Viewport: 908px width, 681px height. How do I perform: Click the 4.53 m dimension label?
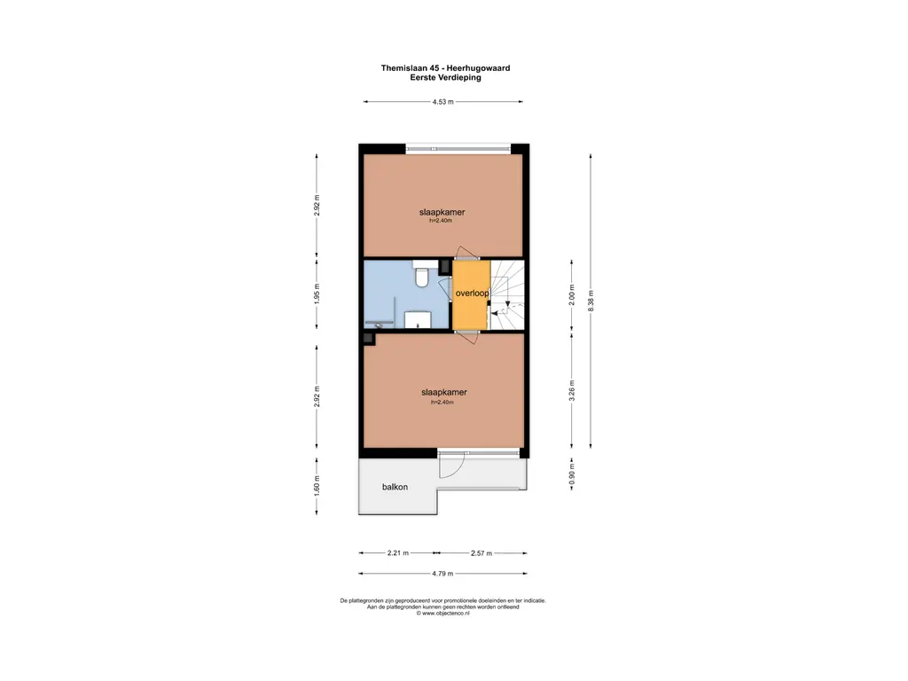click(442, 103)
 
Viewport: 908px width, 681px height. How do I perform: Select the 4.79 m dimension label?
click(442, 574)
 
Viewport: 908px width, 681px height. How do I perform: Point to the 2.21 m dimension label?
click(398, 553)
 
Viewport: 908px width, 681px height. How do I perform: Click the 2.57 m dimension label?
click(482, 553)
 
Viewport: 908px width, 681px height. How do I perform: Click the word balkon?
click(395, 488)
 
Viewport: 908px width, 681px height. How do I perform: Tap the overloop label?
click(472, 293)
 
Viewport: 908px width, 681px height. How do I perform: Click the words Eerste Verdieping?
click(445, 77)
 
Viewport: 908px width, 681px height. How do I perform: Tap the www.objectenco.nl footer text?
click(442, 613)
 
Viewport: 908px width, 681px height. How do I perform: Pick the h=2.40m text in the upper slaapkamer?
click(441, 221)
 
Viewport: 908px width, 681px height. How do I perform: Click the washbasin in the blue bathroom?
click(418, 320)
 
